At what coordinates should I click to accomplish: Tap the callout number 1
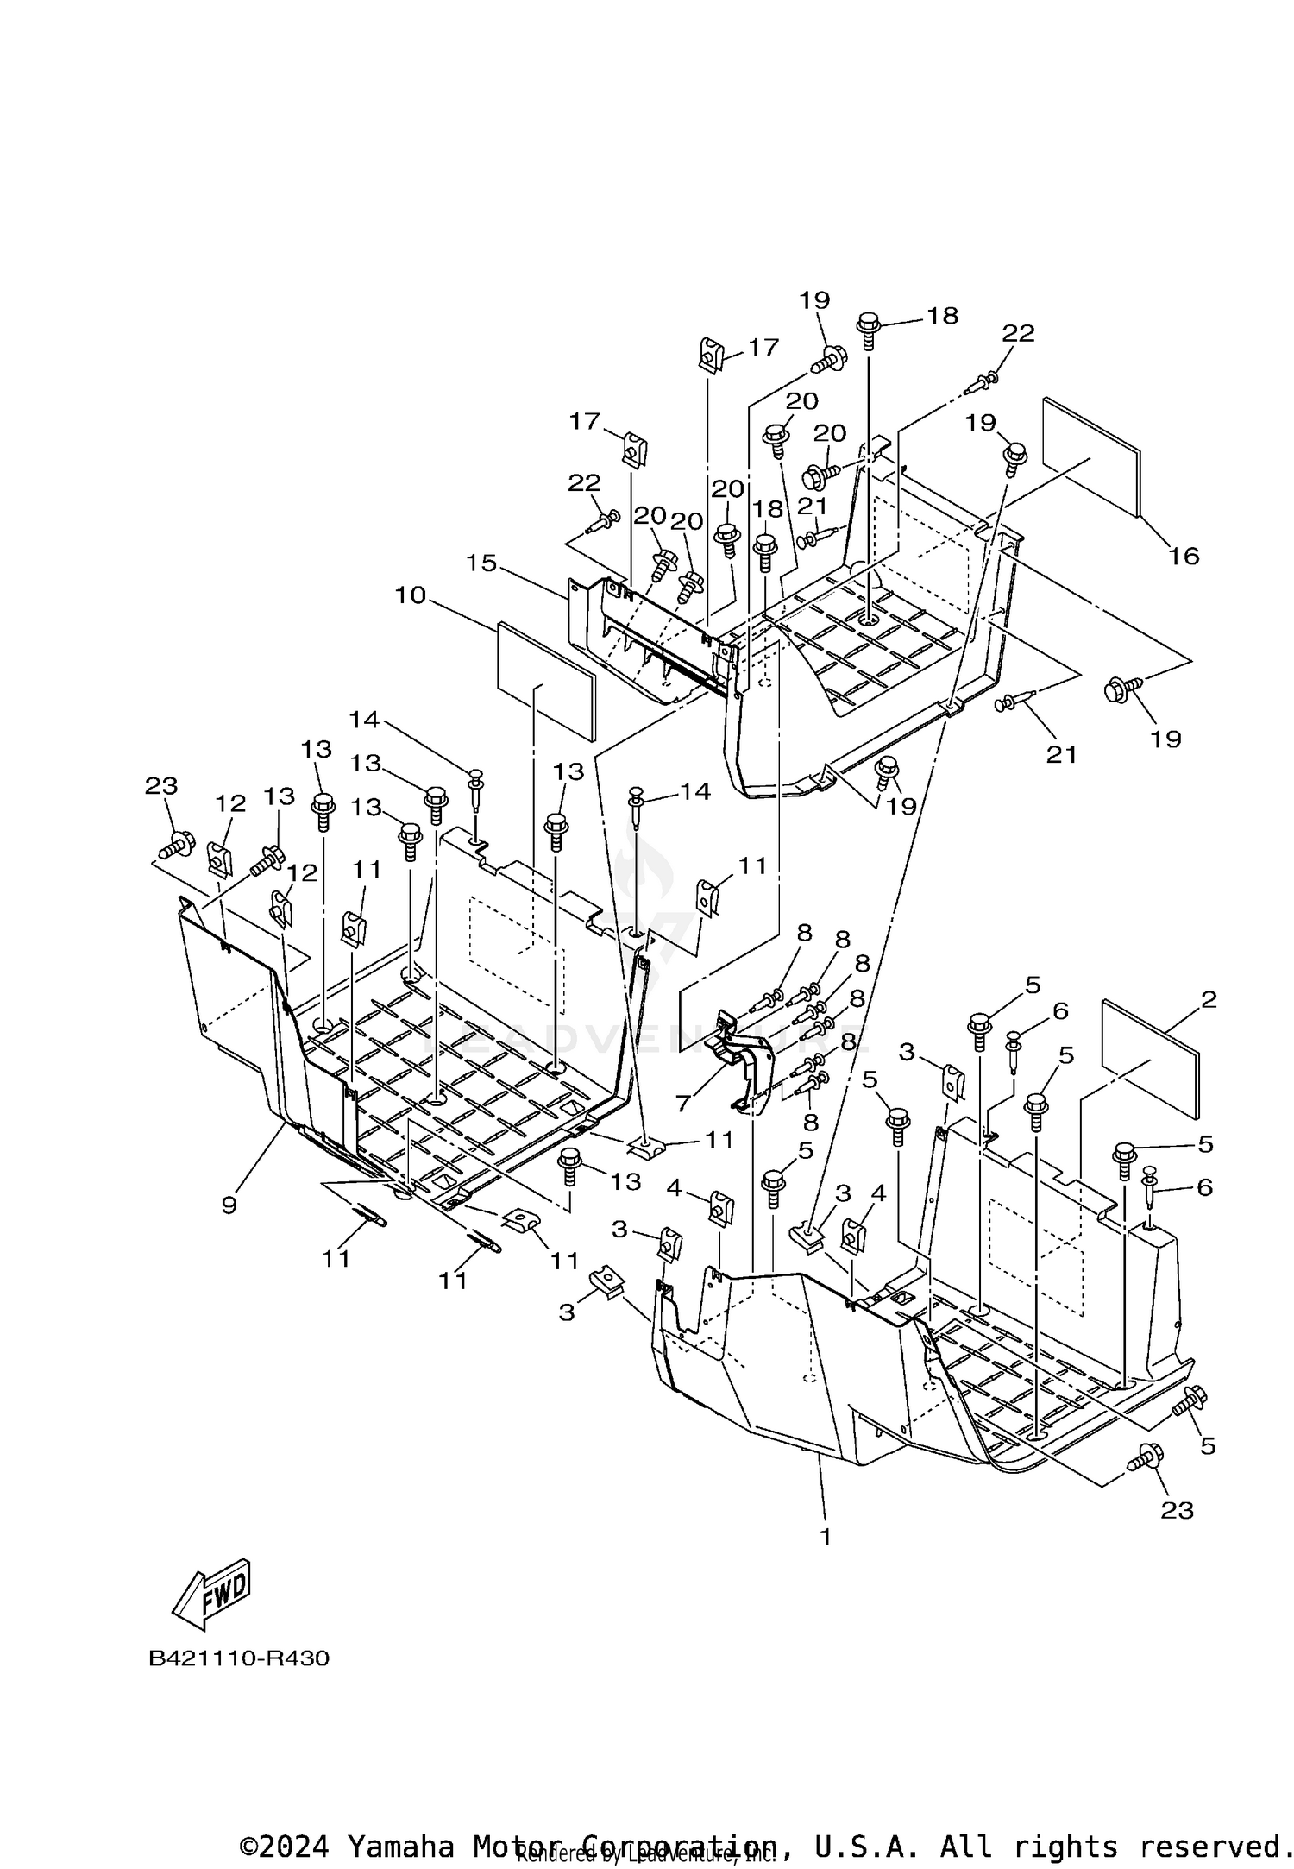[x=825, y=1537]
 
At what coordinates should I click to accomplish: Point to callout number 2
[x=1209, y=999]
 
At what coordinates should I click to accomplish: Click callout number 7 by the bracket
[x=683, y=1103]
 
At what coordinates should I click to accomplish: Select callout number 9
[x=229, y=1205]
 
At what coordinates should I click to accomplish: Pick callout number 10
[x=411, y=595]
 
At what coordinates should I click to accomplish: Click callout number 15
[x=481, y=563]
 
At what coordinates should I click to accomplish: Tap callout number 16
[x=1184, y=556]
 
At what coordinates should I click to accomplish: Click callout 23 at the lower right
[x=1177, y=1510]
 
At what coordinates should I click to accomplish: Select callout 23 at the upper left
[x=160, y=786]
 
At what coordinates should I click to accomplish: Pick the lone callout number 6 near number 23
[x=1203, y=1187]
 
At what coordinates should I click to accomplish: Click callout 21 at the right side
[x=1061, y=754]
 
